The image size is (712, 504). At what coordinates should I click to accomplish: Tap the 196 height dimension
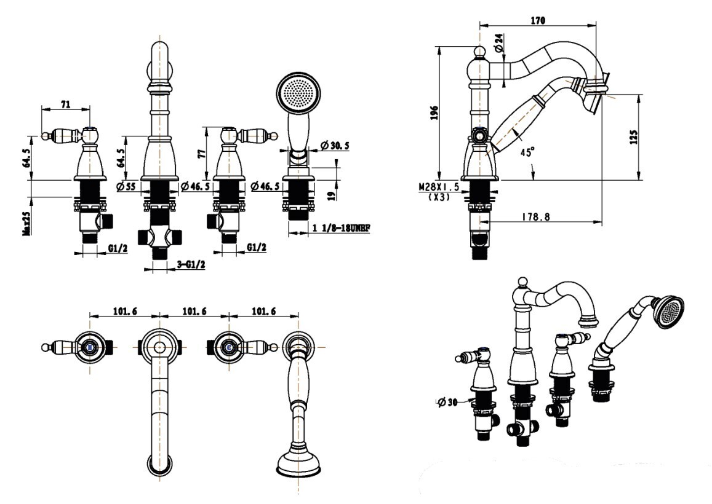(x=433, y=112)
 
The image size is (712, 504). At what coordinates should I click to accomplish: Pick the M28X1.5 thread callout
(x=438, y=187)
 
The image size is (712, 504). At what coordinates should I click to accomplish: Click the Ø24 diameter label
(x=498, y=41)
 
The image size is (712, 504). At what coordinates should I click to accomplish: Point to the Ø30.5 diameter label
(x=335, y=146)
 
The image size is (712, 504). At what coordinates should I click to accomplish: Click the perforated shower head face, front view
(x=301, y=92)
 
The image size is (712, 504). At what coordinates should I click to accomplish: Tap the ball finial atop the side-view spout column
(x=479, y=52)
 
